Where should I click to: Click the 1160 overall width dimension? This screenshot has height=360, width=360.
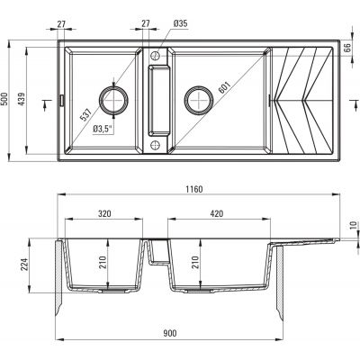coord(193,189)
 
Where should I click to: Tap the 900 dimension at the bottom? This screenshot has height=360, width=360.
coord(170,333)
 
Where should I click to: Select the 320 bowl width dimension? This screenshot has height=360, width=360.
coord(104,213)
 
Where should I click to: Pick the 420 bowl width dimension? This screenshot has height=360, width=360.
coord(217,213)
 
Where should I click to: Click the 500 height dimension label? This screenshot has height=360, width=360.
coord(4,99)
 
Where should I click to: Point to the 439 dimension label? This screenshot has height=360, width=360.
coord(21,99)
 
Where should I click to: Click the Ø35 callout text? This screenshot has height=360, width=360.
coord(181,23)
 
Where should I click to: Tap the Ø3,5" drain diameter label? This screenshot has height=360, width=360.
coord(103,129)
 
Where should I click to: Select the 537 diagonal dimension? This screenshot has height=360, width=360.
coord(86,114)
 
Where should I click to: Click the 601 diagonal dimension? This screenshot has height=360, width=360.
coord(224,87)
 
